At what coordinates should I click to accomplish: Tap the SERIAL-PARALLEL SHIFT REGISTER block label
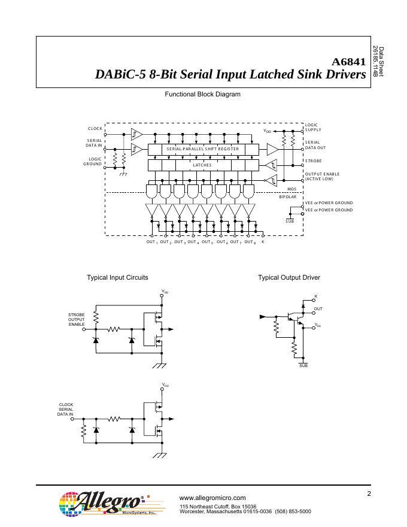[203, 149]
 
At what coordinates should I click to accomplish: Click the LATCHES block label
[202, 164]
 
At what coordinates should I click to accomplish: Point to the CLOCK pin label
[95, 129]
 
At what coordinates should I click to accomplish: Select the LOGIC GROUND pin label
[93, 161]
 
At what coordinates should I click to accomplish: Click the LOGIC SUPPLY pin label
[313, 127]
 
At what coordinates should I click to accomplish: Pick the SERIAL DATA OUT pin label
[315, 144]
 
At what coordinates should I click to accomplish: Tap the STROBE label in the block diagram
[314, 161]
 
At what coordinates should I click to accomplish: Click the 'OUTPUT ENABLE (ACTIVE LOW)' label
[322, 176]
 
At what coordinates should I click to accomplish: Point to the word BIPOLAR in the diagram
[288, 196]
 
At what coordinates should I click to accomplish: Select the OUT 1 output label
[152, 242]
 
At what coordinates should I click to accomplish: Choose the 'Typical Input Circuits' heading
[118, 277]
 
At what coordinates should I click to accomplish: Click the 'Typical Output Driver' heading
[289, 277]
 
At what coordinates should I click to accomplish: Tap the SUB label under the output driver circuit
[303, 365]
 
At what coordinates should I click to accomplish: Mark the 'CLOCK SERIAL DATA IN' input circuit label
[65, 409]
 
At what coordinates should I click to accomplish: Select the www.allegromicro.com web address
[212, 498]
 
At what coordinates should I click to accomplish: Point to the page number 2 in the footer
[369, 493]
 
